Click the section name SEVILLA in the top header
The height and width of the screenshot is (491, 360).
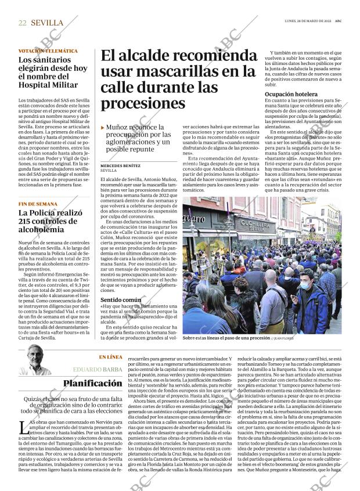(48, 23)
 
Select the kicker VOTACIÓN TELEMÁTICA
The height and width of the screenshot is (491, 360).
(48, 51)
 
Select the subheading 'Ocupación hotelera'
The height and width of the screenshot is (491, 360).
(291, 93)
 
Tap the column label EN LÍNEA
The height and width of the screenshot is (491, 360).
(110, 357)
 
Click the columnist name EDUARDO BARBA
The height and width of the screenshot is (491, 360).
(98, 369)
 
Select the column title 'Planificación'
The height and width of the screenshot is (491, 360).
(93, 383)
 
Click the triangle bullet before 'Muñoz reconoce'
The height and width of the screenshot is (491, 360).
(103, 127)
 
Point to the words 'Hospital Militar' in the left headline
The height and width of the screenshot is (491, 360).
(48, 85)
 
